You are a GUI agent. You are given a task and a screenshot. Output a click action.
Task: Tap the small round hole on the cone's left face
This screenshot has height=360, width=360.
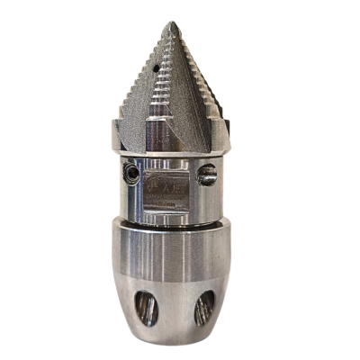pos(158,67)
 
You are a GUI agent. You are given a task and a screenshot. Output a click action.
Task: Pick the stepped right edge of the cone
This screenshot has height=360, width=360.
pos(212,99)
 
